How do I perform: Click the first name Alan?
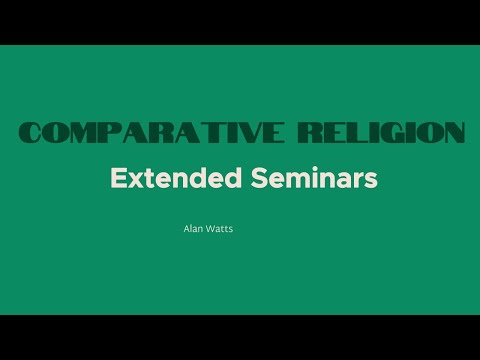coord(193,229)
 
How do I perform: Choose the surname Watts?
coord(221,229)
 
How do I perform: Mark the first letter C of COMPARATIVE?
coord(31,133)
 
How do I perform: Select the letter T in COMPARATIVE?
coord(203,133)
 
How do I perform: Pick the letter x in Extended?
coord(131,180)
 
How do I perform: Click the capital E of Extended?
coord(117,179)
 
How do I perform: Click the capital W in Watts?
coord(211,229)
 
